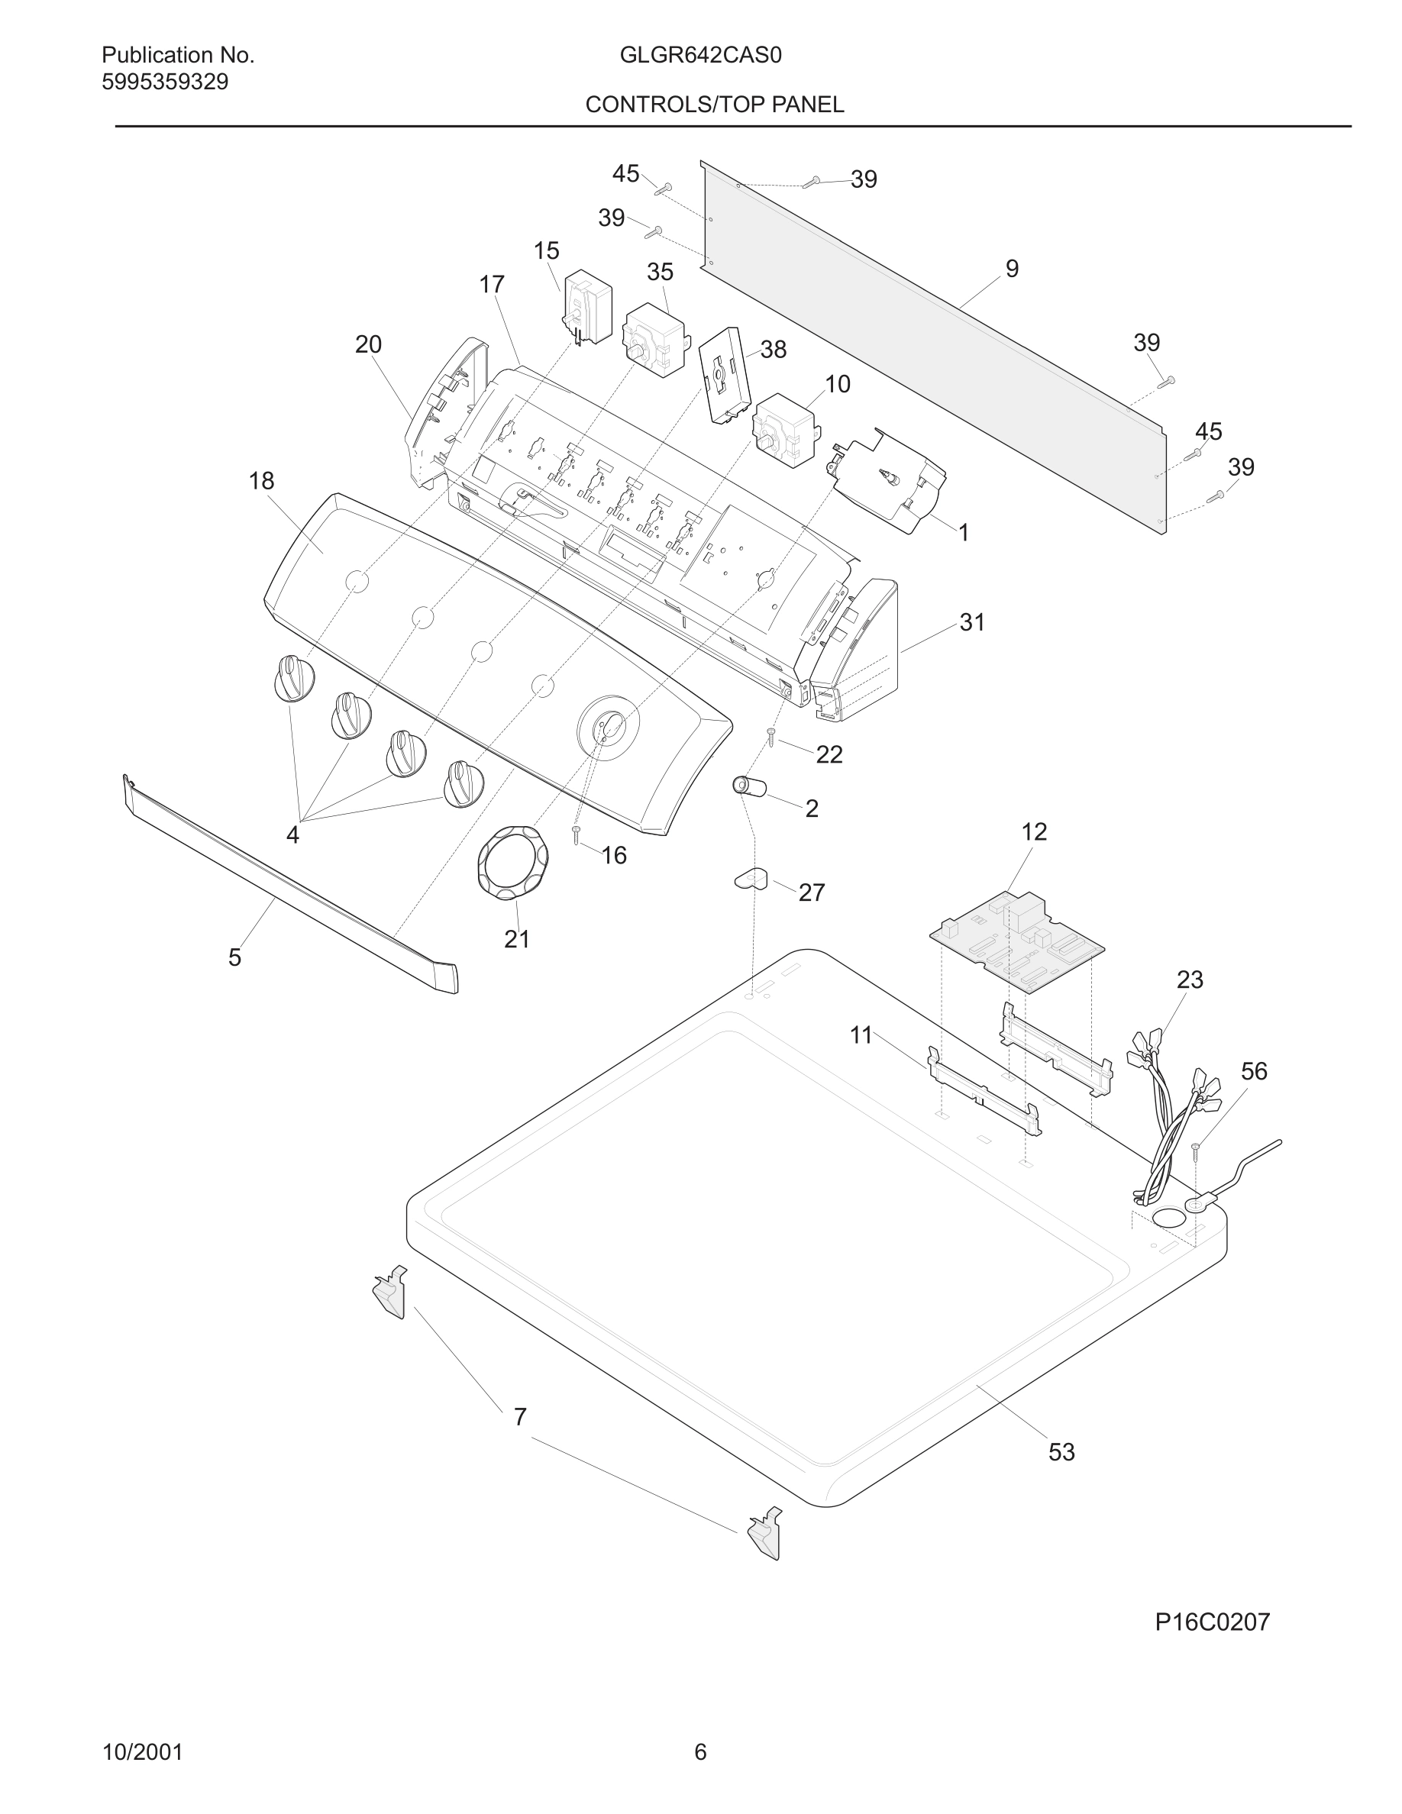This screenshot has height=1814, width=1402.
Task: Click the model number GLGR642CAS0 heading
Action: click(700, 56)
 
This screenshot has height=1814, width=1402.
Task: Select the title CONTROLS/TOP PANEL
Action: click(714, 105)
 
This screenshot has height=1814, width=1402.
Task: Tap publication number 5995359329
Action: click(164, 82)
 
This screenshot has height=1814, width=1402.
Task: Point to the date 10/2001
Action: click(142, 1751)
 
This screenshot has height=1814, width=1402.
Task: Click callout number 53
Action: click(1061, 1452)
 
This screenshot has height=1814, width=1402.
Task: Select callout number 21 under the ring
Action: click(517, 938)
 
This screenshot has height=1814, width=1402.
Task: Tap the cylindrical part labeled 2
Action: click(749, 786)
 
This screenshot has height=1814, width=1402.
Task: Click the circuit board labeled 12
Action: click(1016, 942)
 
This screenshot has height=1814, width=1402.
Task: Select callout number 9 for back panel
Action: click(1012, 268)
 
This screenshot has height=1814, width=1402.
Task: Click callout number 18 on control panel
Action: click(262, 481)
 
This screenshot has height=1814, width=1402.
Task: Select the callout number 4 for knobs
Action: click(292, 834)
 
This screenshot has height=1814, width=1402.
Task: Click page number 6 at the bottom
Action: click(700, 1751)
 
